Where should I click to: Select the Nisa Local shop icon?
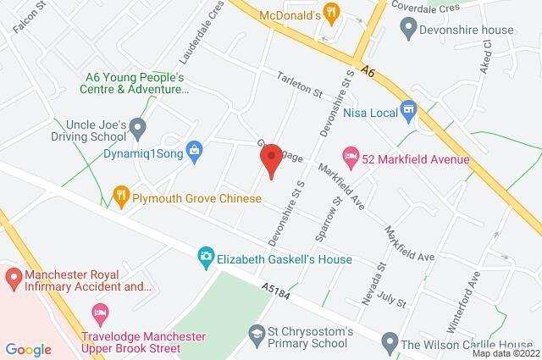click(x=409, y=109)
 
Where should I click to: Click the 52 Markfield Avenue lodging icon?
click(x=349, y=155)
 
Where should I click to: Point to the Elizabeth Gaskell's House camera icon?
click(x=205, y=255)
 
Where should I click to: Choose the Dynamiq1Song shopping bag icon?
click(x=194, y=152)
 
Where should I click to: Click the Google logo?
click(x=29, y=349)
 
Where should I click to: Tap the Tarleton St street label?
click(x=301, y=85)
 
